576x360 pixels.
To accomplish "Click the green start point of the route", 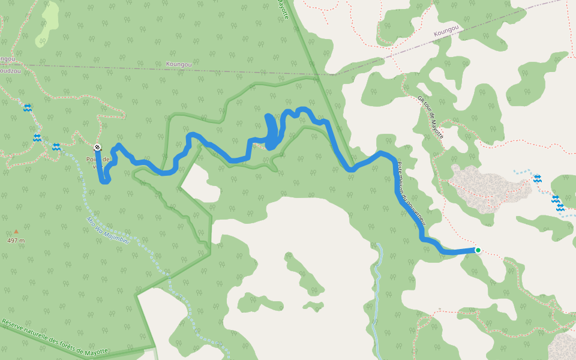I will tap(478, 250).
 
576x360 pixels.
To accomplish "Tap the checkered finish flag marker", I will tap(97, 147).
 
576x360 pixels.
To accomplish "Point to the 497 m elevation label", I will tap(16, 241).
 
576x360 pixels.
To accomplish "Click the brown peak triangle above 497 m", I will tap(16, 232).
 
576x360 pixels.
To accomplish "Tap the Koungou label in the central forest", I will tap(179, 63).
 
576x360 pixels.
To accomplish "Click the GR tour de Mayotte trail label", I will tap(430, 117).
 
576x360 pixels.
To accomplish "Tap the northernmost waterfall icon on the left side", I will tap(27, 108).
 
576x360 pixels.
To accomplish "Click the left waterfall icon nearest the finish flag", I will tap(56, 147).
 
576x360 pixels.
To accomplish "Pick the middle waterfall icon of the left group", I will tap(37, 138).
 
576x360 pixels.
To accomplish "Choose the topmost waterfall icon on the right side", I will tap(537, 179).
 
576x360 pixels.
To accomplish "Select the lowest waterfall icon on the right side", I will tap(560, 207).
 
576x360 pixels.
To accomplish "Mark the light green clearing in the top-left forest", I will tap(48, 24).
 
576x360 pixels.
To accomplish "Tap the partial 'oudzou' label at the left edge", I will tap(7, 69).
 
